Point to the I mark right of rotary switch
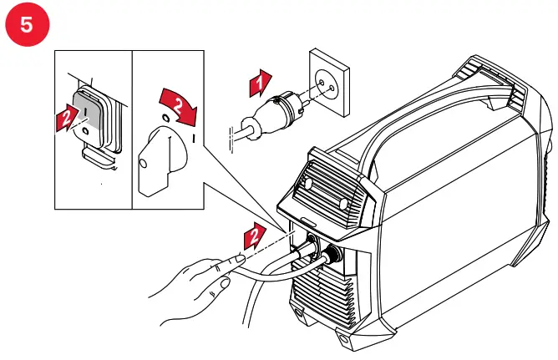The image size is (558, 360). click(194, 136)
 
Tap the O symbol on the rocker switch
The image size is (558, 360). click(87, 129)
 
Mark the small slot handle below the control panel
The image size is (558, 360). click(308, 222)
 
